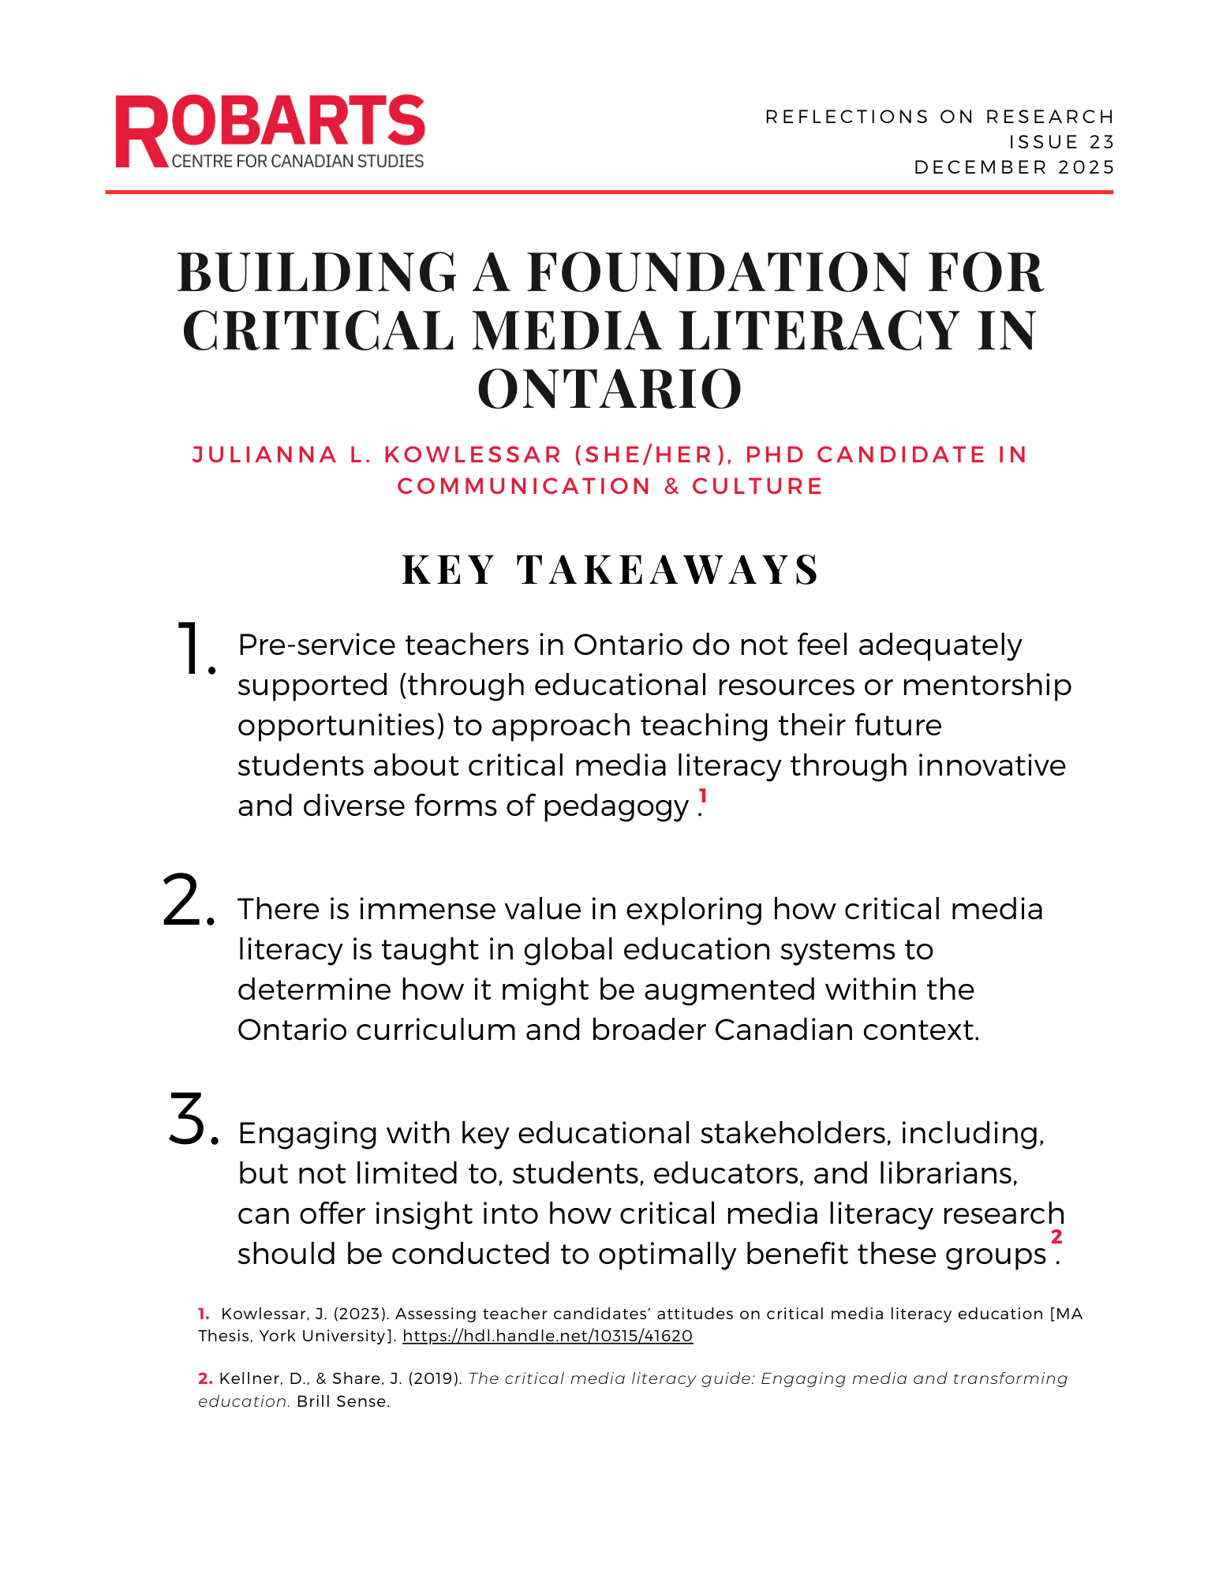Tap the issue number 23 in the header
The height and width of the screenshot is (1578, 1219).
1101,142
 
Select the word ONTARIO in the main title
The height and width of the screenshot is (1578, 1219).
609,389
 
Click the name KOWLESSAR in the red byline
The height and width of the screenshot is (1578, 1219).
473,455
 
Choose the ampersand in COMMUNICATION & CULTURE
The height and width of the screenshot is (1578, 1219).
671,487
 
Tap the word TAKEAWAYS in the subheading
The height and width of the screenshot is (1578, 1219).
668,570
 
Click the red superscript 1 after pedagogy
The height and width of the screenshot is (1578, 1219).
702,796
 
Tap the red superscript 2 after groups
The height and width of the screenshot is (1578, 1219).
1056,1236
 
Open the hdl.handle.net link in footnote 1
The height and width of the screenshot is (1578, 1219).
548,1337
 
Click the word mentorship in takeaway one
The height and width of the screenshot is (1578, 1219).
986,686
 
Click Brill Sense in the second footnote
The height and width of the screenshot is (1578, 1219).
342,1402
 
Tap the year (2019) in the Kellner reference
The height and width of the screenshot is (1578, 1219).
434,1379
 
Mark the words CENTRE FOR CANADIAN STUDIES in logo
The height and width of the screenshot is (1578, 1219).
297,162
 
